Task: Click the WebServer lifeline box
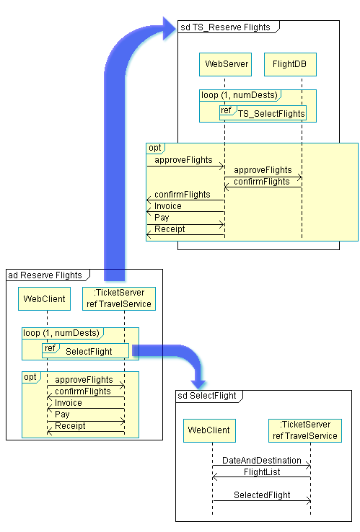226,64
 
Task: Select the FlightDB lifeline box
290,64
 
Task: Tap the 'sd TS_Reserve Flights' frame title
225,27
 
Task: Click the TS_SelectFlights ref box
263,112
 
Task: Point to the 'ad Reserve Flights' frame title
45,275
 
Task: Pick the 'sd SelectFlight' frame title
207,396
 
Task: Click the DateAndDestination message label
262,461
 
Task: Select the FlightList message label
262,472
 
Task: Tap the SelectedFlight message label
262,495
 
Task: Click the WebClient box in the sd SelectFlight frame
209,430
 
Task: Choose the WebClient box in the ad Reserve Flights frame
45,299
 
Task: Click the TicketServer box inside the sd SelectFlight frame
305,430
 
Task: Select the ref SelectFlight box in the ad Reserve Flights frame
86,351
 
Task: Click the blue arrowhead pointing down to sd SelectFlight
198,384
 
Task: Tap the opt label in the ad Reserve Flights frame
30,377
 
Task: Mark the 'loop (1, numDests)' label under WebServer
240,95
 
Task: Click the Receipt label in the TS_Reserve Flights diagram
170,229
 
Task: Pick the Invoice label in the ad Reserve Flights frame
69,403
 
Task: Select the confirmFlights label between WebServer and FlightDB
262,182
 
